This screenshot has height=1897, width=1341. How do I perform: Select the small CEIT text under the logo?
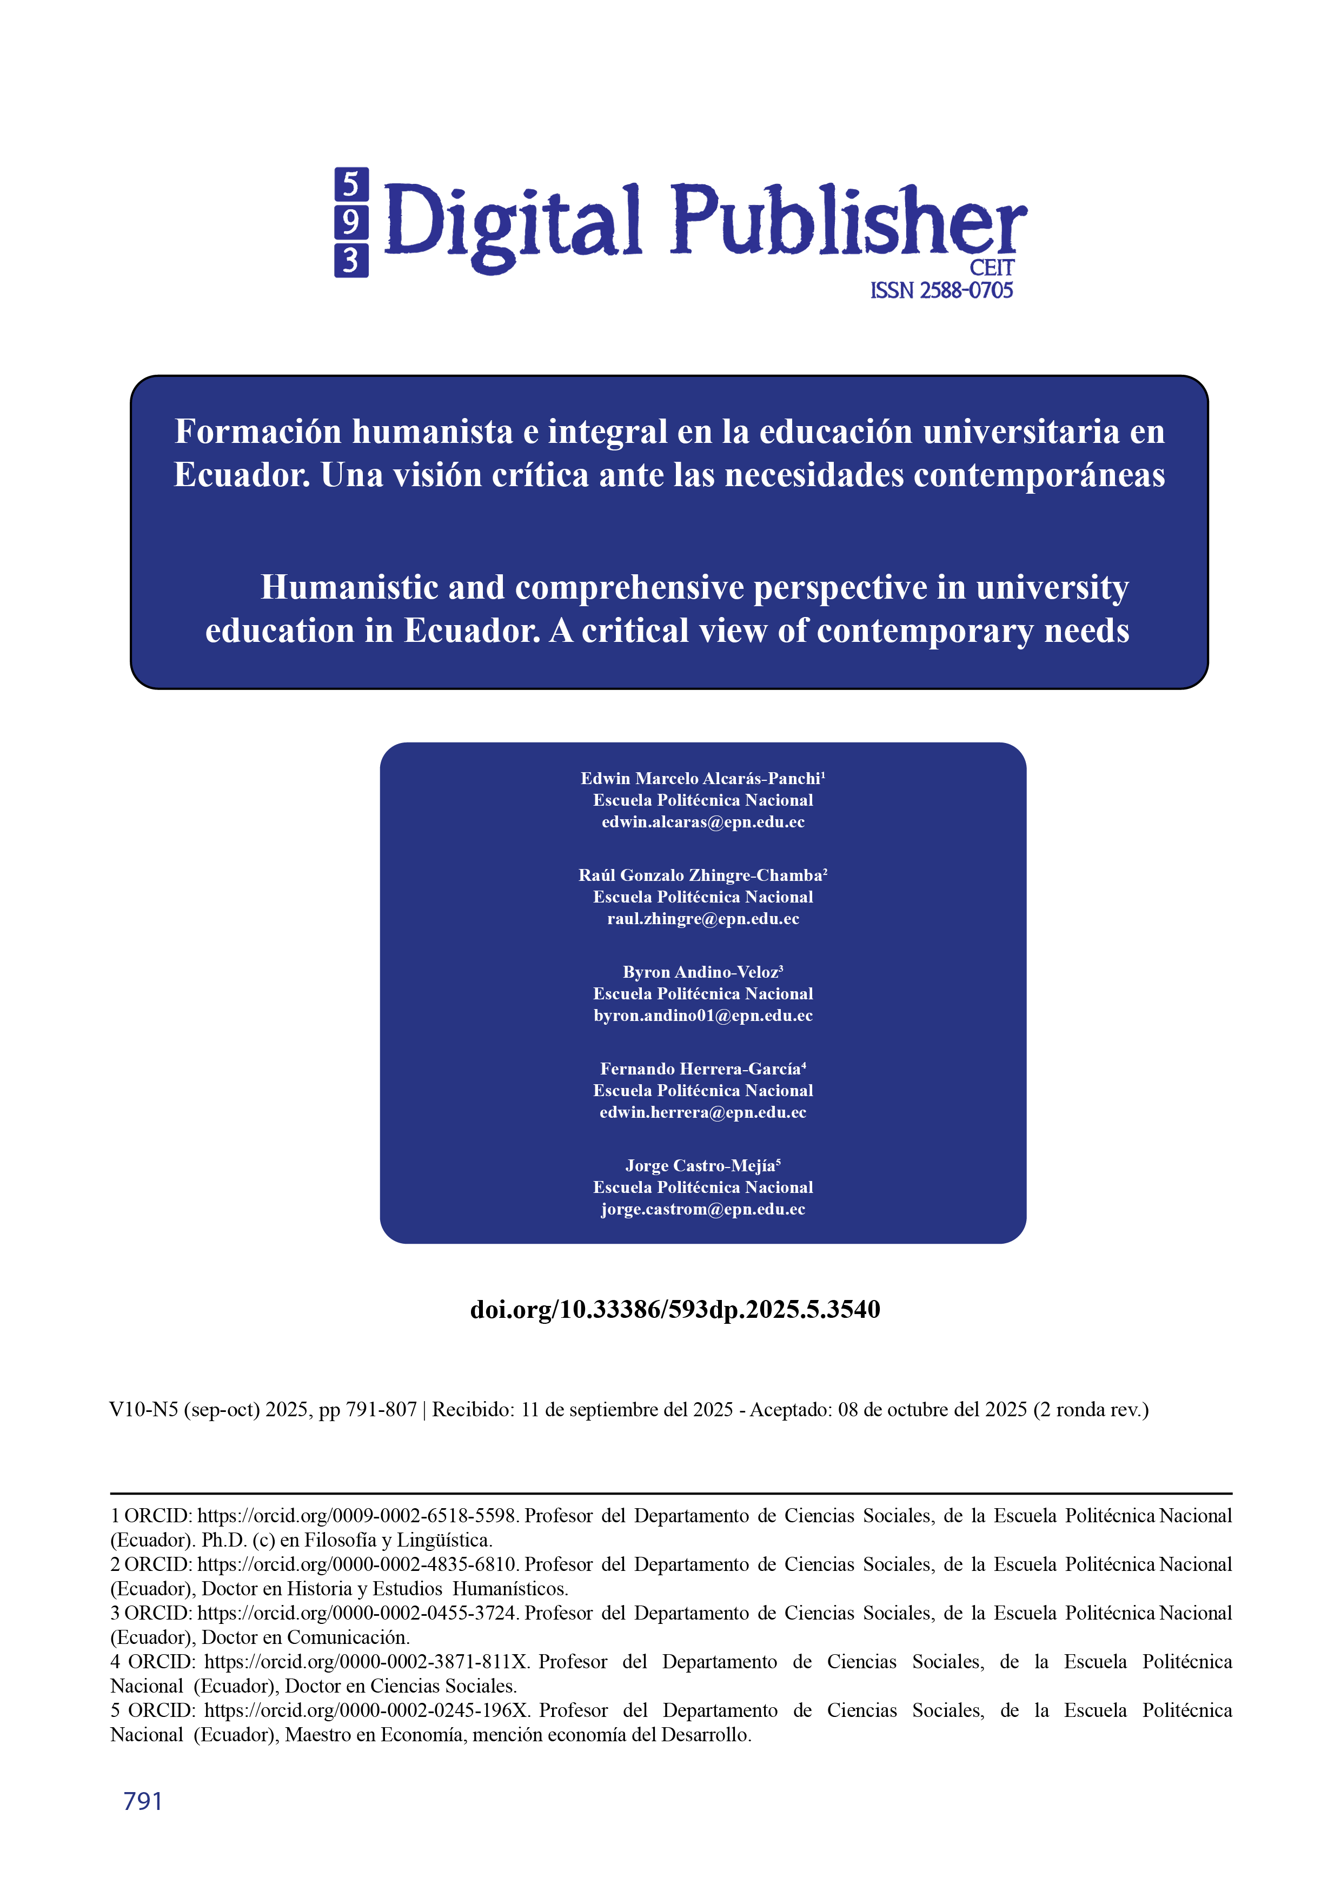coord(992,269)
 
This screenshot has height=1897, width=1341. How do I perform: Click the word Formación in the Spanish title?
coord(258,432)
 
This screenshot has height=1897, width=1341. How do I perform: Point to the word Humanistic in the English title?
coord(349,587)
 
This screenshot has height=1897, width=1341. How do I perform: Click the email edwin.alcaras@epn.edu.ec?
coord(702,822)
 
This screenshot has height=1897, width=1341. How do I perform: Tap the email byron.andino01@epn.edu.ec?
coord(702,1016)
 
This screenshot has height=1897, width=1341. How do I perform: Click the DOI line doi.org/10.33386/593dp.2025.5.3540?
coord(674,1310)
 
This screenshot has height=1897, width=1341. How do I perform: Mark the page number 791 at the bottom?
coord(143,1801)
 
